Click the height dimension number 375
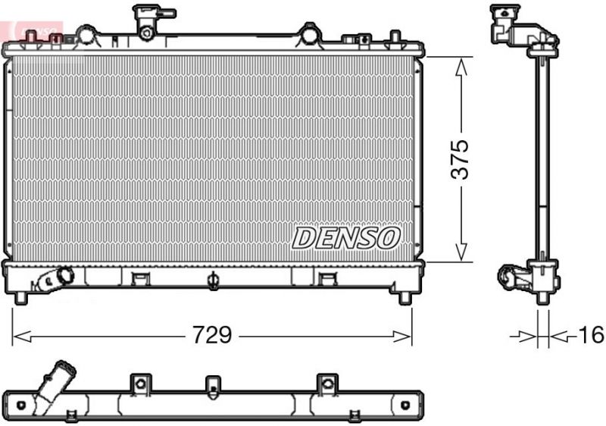click(459, 158)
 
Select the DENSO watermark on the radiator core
click(345, 238)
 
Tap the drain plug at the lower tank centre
click(213, 282)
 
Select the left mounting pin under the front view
click(21, 296)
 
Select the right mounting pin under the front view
click(405, 296)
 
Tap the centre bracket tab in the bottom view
click(211, 384)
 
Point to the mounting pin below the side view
click(542, 298)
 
